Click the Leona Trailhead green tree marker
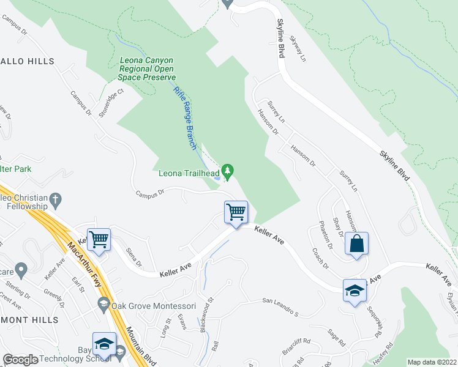tap(228, 169)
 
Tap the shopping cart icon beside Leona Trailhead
tap(236, 212)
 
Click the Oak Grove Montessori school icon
tap(103, 305)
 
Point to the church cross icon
tap(56, 199)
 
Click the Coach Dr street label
tap(320, 258)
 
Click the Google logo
tap(21, 360)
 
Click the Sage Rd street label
tap(337, 338)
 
